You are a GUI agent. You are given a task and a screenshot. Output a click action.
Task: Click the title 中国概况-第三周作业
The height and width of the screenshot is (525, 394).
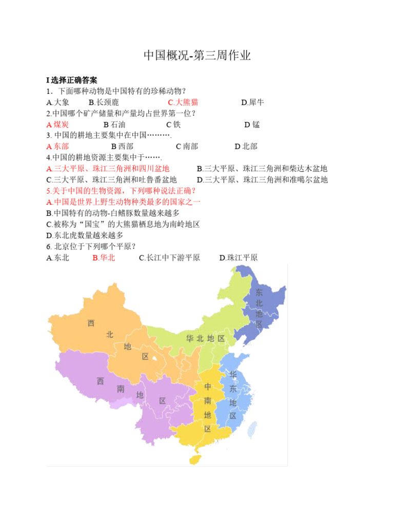tap(197, 55)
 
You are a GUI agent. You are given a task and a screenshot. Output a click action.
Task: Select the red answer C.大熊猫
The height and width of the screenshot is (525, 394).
tap(183, 102)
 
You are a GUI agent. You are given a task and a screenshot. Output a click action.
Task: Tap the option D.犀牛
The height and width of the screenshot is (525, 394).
tap(252, 102)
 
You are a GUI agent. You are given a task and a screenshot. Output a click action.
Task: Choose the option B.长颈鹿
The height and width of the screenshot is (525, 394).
tap(104, 102)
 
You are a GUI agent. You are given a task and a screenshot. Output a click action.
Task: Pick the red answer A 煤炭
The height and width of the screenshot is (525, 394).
tap(57, 125)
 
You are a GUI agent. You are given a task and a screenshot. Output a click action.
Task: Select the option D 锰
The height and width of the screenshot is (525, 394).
tap(252, 125)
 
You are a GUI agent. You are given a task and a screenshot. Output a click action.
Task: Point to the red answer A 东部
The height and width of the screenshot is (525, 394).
tap(57, 147)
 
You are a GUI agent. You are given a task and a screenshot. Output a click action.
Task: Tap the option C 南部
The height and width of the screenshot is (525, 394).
tap(187, 147)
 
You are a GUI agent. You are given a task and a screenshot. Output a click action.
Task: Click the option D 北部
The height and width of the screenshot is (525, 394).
tap(246, 147)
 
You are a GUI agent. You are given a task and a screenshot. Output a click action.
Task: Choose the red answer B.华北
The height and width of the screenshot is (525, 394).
tap(104, 258)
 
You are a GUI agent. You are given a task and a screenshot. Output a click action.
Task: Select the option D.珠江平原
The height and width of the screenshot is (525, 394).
tap(239, 258)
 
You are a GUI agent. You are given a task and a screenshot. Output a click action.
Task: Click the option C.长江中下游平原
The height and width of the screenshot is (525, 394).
tap(169, 258)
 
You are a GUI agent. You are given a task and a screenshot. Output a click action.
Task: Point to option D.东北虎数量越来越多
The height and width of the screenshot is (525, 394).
tap(85, 235)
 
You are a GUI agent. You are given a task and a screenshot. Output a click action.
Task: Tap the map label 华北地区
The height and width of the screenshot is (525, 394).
tap(205, 338)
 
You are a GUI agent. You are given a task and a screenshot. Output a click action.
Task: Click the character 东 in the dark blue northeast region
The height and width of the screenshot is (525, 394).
tap(259, 293)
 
